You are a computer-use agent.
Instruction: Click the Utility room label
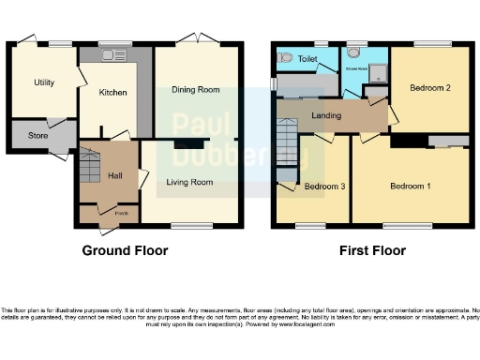point(44,82)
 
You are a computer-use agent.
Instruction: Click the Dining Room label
point(195,89)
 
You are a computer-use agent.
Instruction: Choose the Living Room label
point(189,182)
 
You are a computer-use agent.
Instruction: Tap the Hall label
point(114,175)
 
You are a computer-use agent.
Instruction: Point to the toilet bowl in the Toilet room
point(284,57)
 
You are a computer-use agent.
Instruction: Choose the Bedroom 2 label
point(430,87)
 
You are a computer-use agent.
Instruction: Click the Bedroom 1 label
point(411,187)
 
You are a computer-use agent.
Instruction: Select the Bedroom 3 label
point(324,187)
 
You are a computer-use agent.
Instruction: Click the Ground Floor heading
point(125,250)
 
